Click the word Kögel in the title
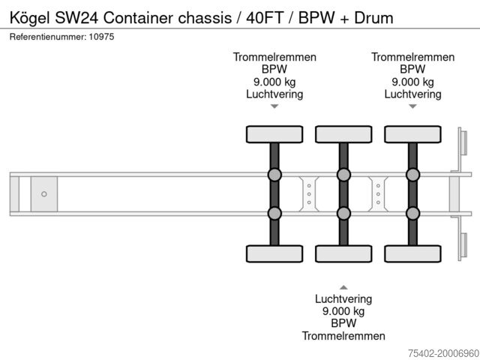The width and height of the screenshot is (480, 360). (31, 17)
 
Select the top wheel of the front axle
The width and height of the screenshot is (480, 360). (274, 134)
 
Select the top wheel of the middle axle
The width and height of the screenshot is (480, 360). (343, 134)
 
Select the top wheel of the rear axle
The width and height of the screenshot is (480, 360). (412, 134)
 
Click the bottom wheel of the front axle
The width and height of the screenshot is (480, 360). (274, 254)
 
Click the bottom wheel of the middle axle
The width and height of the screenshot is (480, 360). (343, 254)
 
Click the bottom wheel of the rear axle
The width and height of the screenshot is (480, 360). (412, 254)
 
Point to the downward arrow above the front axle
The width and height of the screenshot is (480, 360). (274, 106)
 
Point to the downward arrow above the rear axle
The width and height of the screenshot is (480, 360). (412, 106)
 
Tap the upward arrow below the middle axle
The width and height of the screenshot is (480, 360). (343, 286)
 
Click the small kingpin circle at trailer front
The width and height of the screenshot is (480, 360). (44, 194)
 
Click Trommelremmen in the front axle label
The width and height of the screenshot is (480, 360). (274, 57)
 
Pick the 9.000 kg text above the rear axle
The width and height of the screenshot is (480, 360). (412, 82)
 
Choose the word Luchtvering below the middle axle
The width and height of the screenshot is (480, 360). (343, 298)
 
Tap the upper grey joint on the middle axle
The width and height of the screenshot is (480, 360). (343, 175)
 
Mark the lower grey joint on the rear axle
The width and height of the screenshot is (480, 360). (412, 213)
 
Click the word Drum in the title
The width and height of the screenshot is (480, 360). (374, 17)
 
